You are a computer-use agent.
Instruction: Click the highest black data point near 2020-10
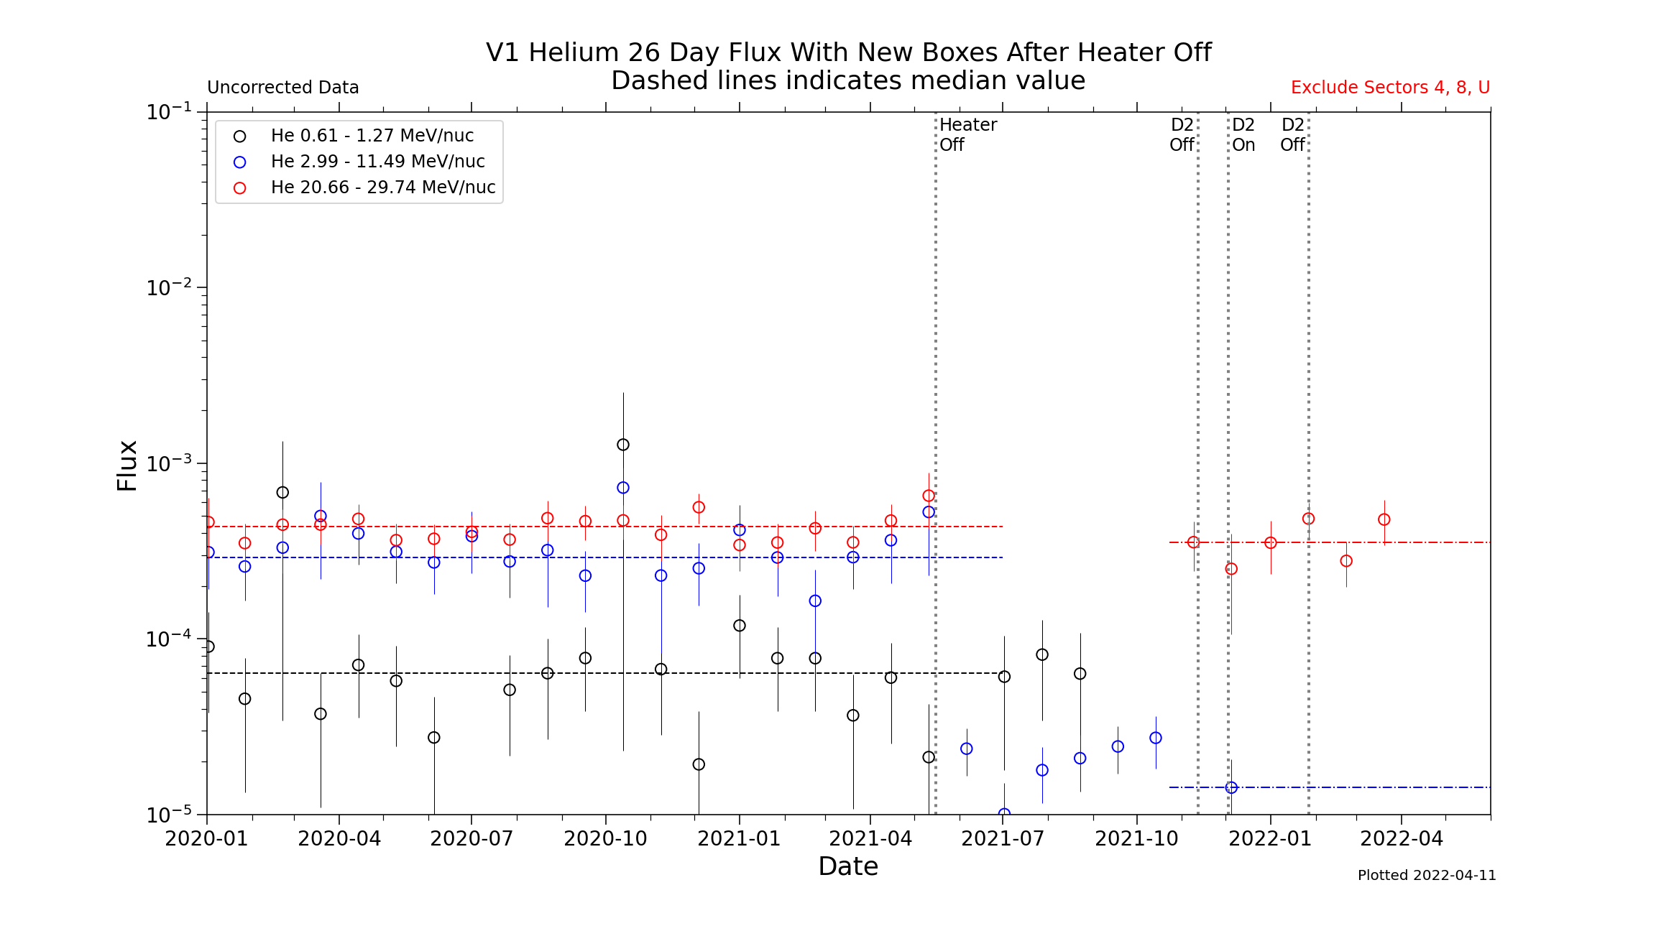click(623, 445)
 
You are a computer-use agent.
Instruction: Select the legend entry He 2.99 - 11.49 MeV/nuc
click(377, 162)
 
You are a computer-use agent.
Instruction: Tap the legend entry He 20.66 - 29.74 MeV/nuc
click(382, 187)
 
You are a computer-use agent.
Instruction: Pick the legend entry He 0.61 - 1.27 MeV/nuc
click(372, 136)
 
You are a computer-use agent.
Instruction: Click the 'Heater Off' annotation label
click(967, 134)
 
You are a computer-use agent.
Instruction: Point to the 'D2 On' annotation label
click(1243, 134)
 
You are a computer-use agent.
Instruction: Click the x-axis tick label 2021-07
click(1003, 838)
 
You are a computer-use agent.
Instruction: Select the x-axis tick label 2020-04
click(339, 838)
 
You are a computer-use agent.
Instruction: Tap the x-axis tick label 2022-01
click(1270, 838)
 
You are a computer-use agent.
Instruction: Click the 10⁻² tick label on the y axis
click(169, 287)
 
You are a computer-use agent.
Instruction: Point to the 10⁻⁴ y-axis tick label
click(169, 639)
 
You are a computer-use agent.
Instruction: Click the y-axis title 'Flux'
click(127, 465)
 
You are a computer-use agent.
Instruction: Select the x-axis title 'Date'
click(848, 866)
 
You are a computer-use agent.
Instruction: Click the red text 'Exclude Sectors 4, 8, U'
click(1390, 88)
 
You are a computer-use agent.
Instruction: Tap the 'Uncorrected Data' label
click(283, 88)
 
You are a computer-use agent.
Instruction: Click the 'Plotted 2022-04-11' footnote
click(1427, 875)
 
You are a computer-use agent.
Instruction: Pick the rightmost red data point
click(1384, 519)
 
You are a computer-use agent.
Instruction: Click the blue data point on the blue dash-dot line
click(1231, 787)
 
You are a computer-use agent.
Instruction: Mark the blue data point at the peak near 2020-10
click(623, 488)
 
